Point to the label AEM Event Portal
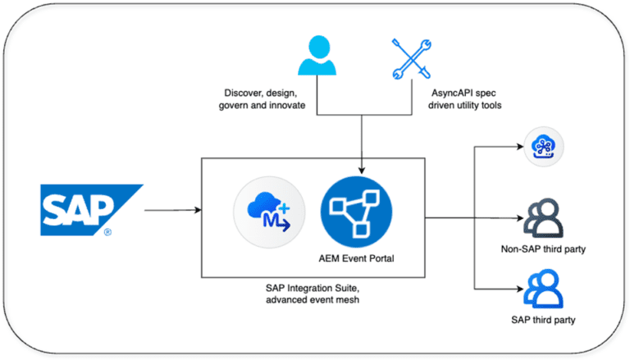point(355,259)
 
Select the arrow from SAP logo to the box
point(172,210)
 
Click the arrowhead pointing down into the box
point(361,156)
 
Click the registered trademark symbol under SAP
point(107,232)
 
